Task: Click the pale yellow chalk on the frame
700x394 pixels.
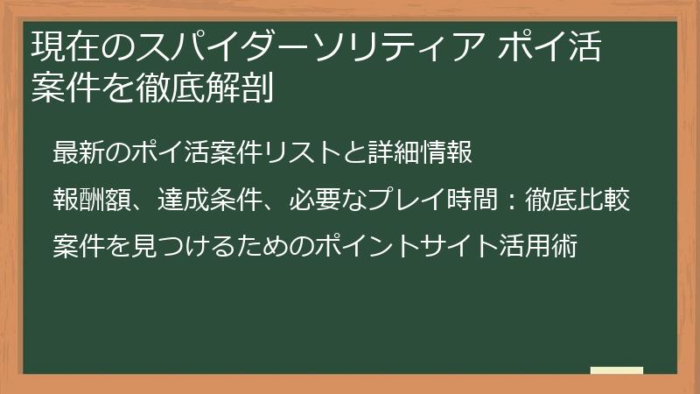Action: (617, 370)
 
